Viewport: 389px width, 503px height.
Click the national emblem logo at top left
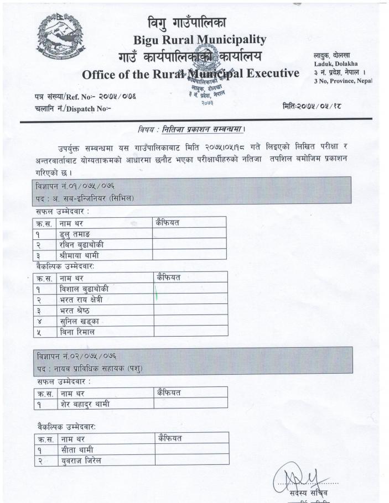(x=56, y=35)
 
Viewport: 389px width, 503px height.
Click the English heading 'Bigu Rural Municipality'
(x=199, y=40)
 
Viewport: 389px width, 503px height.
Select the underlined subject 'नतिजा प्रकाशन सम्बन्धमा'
(x=202, y=130)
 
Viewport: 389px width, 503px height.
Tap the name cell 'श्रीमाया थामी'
(x=84, y=255)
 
